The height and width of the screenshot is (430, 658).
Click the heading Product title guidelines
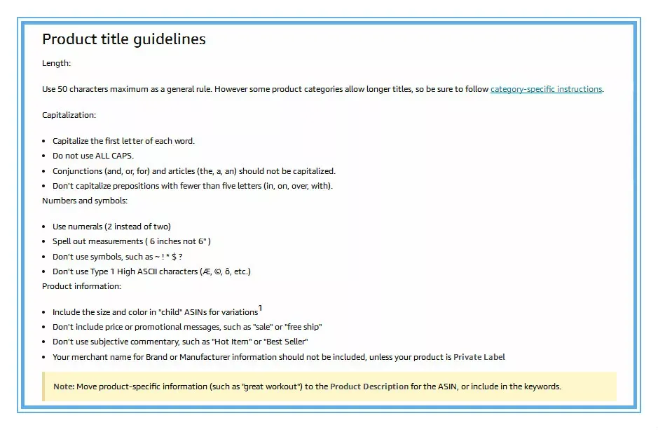click(x=124, y=39)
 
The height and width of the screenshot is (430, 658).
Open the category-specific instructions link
click(x=546, y=89)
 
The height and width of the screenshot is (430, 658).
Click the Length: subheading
click(x=56, y=63)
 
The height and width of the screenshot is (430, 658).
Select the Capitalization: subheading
click(x=69, y=115)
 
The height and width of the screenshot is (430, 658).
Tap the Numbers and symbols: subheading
click(x=85, y=201)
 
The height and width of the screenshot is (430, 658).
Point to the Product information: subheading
click(x=81, y=286)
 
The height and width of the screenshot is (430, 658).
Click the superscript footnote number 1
click(x=261, y=308)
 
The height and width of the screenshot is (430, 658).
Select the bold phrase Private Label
click(x=479, y=357)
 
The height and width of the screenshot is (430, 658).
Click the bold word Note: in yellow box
click(x=64, y=387)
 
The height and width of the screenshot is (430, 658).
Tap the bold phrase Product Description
click(x=369, y=387)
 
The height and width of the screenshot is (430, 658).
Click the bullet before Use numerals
click(x=45, y=227)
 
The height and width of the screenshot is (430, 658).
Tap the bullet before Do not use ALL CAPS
click(x=45, y=156)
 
